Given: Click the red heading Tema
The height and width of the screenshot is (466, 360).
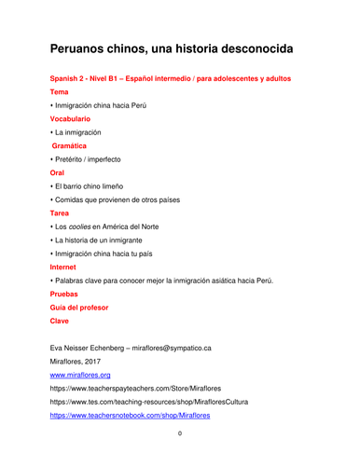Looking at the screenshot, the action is [x=59, y=92].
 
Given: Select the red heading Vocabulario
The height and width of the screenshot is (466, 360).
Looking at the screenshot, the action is [x=70, y=119].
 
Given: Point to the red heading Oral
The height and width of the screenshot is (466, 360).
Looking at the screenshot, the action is [x=58, y=173].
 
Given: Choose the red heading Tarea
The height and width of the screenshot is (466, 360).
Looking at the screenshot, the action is [x=60, y=213].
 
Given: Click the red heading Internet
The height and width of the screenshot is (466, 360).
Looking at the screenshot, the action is [x=64, y=267].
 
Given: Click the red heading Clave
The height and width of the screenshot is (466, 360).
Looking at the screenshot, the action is [x=60, y=321].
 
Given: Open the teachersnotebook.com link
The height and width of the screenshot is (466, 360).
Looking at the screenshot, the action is [x=130, y=415].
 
